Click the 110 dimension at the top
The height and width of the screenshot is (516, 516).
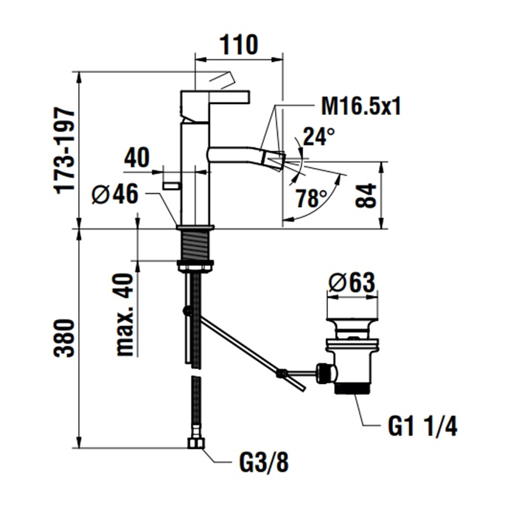tap(237, 45)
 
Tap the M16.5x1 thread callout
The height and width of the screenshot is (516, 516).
tap(360, 108)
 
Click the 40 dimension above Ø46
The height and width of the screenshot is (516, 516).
tap(137, 158)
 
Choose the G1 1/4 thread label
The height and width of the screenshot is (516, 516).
tap(423, 425)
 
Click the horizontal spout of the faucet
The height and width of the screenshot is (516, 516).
tap(243, 154)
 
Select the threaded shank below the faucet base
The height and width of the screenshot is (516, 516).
tap(195, 243)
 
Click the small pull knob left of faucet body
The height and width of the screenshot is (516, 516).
tap(172, 184)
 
